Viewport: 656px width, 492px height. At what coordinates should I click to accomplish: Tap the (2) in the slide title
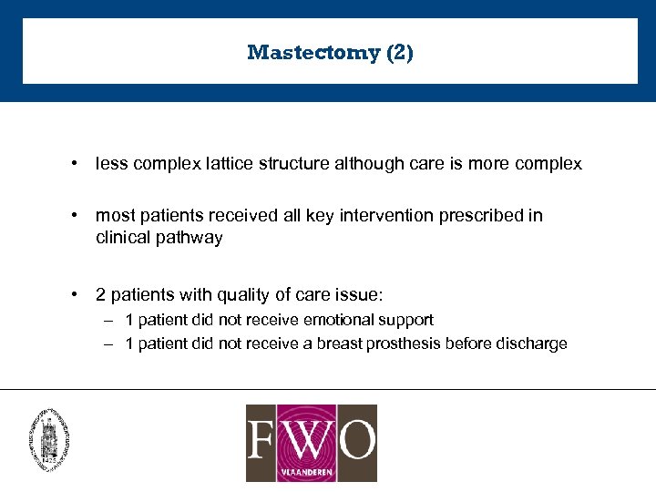(x=400, y=53)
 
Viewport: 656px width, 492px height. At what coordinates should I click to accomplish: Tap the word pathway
(x=190, y=238)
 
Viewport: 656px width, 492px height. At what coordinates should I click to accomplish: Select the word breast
(x=341, y=343)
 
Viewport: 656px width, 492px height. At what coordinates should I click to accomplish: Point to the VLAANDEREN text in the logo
(x=311, y=472)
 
